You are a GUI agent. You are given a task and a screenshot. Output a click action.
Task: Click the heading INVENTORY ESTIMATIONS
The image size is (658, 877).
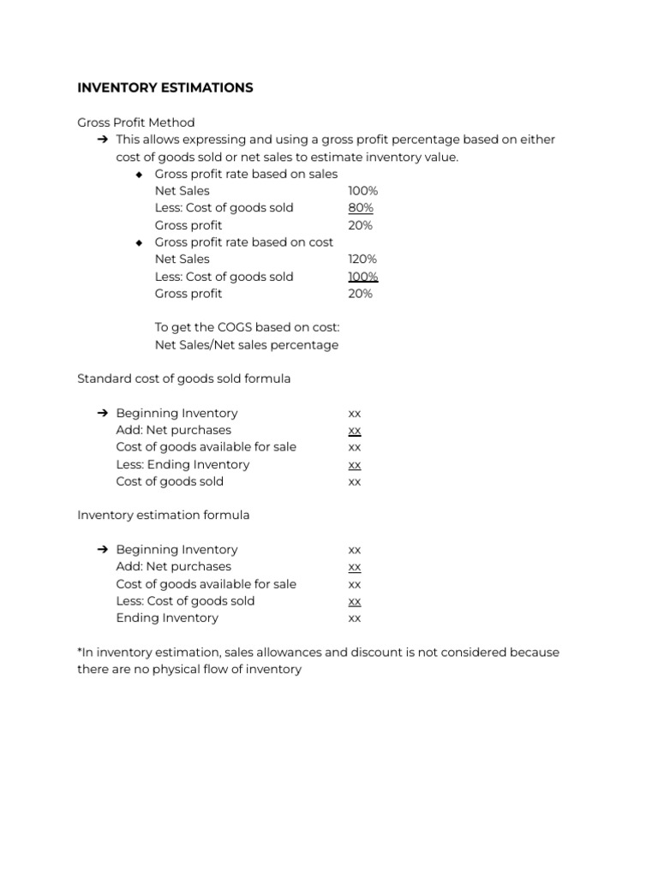click(164, 88)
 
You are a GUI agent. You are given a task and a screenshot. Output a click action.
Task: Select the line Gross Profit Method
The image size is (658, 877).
click(135, 122)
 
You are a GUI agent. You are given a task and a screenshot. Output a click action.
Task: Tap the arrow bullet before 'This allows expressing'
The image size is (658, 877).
click(102, 140)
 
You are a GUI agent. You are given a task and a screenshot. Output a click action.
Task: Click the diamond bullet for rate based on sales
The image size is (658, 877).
click(140, 175)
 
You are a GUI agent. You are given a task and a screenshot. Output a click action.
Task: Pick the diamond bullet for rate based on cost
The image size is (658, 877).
click(140, 242)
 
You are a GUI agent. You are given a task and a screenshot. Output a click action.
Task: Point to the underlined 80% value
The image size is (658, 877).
click(361, 208)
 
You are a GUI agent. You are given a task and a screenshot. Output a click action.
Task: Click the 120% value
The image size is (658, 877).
click(362, 260)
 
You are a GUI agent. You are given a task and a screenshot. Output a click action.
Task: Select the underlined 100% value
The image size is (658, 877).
click(362, 277)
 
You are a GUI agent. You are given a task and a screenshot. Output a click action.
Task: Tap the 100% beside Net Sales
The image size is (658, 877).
click(362, 191)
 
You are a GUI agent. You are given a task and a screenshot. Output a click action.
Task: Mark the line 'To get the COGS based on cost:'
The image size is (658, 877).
click(247, 327)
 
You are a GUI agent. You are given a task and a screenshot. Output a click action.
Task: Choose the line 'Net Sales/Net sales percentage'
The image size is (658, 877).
click(246, 345)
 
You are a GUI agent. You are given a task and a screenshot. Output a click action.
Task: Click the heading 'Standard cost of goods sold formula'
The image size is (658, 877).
click(183, 379)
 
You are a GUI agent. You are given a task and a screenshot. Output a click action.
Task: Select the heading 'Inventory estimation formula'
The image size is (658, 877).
click(163, 516)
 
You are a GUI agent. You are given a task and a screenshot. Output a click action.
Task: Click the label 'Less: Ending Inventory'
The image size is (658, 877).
click(182, 464)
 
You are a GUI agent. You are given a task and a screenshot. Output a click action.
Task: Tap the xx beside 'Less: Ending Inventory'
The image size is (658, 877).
click(355, 465)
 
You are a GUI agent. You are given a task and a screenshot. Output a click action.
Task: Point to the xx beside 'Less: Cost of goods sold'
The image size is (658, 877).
click(355, 601)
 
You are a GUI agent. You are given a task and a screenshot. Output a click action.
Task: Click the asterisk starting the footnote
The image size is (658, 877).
click(80, 651)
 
